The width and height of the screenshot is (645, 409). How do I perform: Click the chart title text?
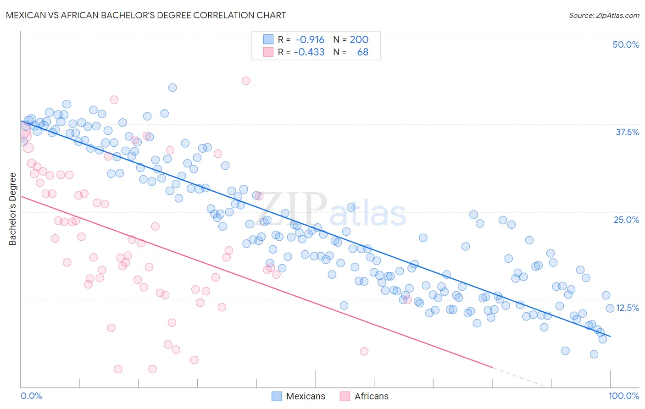pyautogui.click(x=146, y=16)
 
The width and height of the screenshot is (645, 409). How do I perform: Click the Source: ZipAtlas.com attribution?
pyautogui.click(x=604, y=16)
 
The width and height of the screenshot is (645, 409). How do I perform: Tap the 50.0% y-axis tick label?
pyautogui.click(x=626, y=44)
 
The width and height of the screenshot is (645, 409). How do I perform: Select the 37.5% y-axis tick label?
pyautogui.click(x=627, y=132)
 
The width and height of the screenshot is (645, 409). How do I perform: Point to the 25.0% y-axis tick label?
pyautogui.click(x=626, y=220)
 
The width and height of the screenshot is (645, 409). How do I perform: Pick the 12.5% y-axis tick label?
pyautogui.click(x=628, y=308)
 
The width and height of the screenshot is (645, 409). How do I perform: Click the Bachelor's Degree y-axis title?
pyautogui.click(x=13, y=209)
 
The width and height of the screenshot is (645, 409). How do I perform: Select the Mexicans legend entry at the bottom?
pyautogui.click(x=298, y=396)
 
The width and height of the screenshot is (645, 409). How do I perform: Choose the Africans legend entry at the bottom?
pyautogui.click(x=364, y=396)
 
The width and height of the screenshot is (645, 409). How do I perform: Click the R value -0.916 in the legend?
pyautogui.click(x=310, y=39)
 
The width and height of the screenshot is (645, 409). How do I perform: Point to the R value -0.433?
pyautogui.click(x=309, y=52)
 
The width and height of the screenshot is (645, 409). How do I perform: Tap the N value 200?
pyautogui.click(x=359, y=39)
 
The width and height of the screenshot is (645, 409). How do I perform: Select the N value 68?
pyautogui.click(x=362, y=52)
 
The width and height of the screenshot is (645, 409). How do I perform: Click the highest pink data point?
pyautogui.click(x=246, y=81)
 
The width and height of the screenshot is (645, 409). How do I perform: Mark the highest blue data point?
pyautogui.click(x=172, y=88)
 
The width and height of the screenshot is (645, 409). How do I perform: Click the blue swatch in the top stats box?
pyautogui.click(x=268, y=39)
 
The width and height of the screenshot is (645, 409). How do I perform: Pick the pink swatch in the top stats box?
pyautogui.click(x=268, y=52)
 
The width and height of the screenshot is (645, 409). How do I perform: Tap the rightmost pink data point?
pyautogui.click(x=408, y=300)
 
